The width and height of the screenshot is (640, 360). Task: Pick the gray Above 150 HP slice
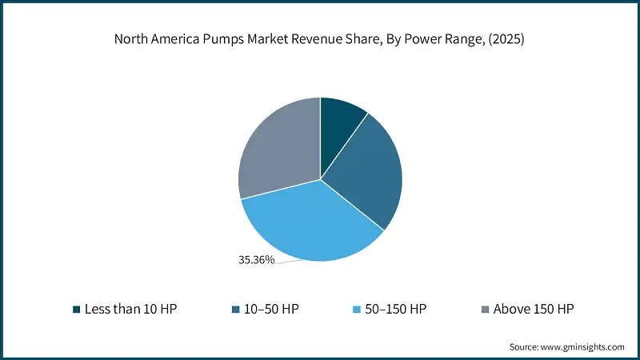276,148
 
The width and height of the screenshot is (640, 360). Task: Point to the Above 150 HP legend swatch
485,309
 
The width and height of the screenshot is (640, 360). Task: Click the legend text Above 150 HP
534,309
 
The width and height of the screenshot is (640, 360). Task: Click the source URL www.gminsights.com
582,346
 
